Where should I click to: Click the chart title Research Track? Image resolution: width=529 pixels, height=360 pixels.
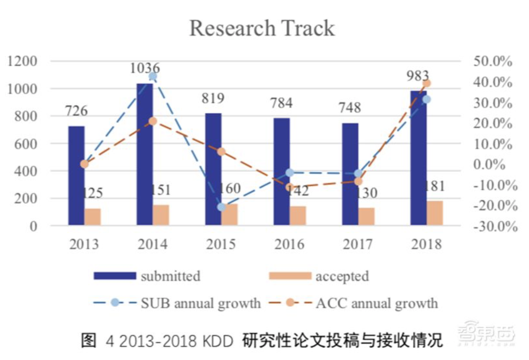262,28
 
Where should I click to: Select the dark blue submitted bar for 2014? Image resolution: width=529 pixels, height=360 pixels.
145,154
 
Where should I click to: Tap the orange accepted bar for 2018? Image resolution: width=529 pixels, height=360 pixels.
435,213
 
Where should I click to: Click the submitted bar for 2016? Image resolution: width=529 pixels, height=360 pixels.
281,172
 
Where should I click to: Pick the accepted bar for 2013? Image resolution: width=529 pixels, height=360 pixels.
93,217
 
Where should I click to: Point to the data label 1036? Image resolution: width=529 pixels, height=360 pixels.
145,68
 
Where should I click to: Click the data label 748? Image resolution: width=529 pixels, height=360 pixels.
350,108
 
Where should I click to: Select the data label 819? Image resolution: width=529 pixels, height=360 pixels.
213,98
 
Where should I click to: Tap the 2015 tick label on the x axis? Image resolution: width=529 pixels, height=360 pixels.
221,244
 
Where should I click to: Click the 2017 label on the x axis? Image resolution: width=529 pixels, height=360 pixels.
357,244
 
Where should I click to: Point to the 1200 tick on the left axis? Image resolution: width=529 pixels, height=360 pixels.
22,61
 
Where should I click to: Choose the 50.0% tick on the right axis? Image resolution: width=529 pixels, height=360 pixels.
493,61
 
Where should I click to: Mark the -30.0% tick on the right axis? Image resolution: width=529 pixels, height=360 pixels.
495,226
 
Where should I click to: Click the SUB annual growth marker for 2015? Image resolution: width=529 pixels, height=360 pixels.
221,207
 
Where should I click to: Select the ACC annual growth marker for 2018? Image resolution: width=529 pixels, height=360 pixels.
426,83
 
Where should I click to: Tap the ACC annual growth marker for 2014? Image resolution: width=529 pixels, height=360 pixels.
153,121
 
